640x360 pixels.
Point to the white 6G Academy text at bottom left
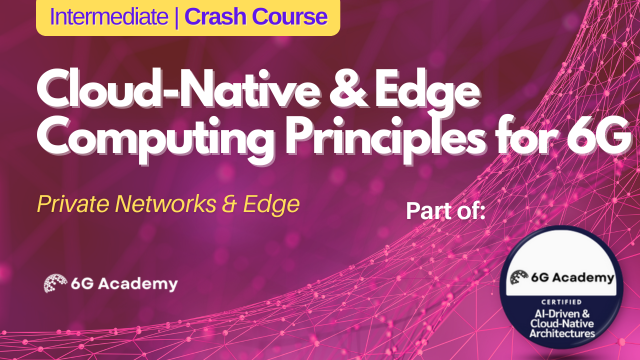click(x=125, y=284)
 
